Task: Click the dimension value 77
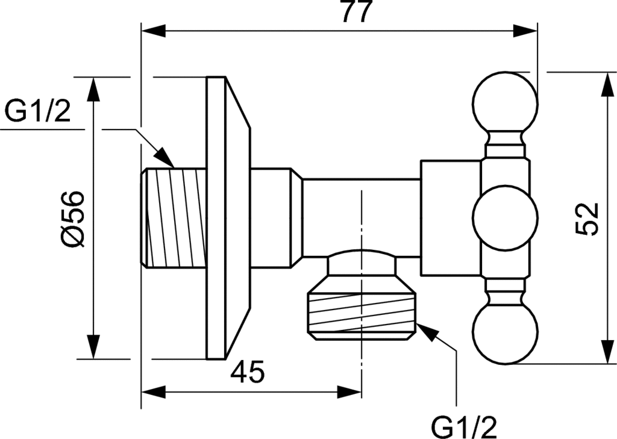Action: click(x=356, y=13)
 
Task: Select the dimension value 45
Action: click(x=248, y=373)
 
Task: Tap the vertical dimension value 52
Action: click(x=586, y=218)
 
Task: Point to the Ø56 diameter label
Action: click(x=72, y=218)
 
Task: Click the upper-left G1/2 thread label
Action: click(x=38, y=112)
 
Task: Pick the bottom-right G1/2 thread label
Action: click(x=464, y=427)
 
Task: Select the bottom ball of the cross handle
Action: click(x=504, y=335)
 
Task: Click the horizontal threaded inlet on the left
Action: click(x=175, y=218)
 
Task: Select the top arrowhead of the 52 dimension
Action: click(x=605, y=83)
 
